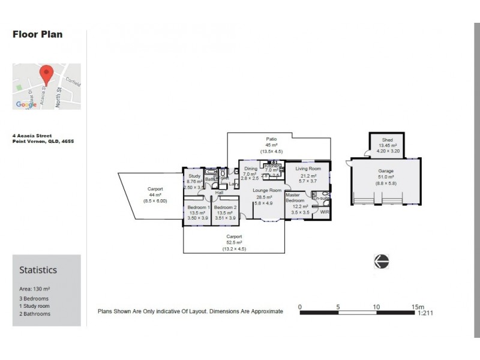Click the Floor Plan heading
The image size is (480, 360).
click(37, 34)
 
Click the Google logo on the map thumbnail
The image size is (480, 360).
click(26, 104)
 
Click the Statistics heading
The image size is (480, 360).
click(38, 270)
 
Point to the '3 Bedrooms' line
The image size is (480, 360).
click(34, 298)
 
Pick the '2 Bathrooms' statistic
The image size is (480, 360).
click(35, 313)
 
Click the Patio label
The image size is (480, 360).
click(272, 138)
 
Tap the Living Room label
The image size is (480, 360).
click(308, 169)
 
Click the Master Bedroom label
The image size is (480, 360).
click(295, 197)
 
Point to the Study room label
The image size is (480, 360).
click(194, 176)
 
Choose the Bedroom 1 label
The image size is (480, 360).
click(197, 207)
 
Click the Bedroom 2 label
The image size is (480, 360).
click(226, 207)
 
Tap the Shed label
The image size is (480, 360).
click(387, 140)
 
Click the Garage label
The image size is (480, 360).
click(386, 171)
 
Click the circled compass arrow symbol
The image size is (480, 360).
click(381, 260)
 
